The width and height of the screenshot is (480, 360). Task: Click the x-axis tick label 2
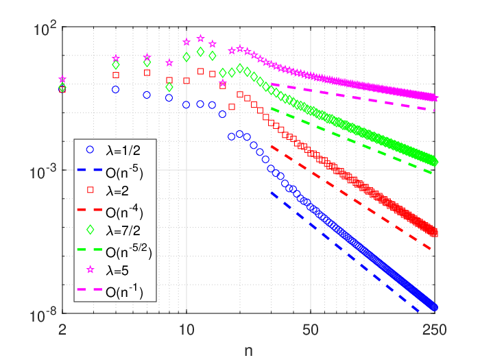tap(62, 330)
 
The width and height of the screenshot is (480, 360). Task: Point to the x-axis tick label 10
tap(187, 330)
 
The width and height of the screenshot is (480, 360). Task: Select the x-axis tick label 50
tap(311, 330)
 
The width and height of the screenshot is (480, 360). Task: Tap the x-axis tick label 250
tap(434, 330)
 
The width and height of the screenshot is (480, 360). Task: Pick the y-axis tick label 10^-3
tap(43, 171)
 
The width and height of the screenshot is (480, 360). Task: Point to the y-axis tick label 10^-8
tap(43, 315)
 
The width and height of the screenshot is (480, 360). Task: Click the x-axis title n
tap(248, 351)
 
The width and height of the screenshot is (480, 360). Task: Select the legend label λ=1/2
tap(123, 151)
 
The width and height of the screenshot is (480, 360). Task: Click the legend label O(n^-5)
tap(124, 171)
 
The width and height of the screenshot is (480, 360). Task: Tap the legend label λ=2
tap(117, 191)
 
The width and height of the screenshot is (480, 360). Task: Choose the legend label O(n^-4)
tap(124, 211)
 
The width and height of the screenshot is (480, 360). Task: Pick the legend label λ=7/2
tap(123, 230)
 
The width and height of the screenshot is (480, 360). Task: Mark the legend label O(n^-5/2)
tap(129, 252)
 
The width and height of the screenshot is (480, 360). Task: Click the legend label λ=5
tap(117, 271)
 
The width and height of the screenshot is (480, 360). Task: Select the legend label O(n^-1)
tap(124, 291)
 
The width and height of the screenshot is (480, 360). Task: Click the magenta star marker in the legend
tap(90, 269)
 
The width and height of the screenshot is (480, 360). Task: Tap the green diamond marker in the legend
tap(90, 230)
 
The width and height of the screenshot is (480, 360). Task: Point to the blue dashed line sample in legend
tap(89, 169)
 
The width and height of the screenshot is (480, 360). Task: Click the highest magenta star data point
tap(200, 38)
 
